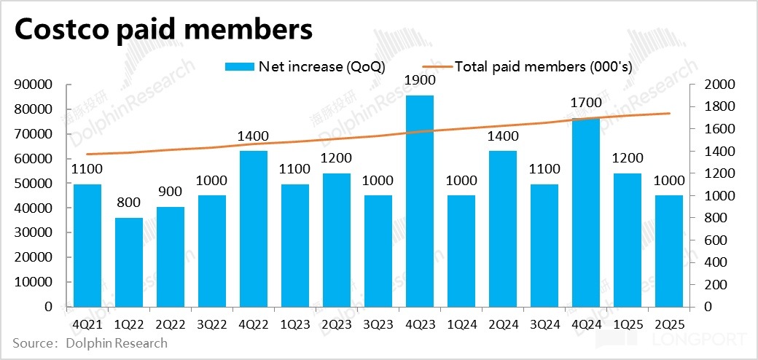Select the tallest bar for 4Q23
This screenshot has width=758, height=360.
pos(420,200)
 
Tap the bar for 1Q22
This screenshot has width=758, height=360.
pos(129,262)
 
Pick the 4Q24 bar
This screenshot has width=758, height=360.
pos(586,212)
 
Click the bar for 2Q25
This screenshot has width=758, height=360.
pos(669,251)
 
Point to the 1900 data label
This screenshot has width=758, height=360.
pos(420,80)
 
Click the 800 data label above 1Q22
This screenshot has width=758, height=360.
pos(129,203)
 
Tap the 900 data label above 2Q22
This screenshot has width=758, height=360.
pos(171,192)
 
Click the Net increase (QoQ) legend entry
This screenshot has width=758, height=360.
pos(305,66)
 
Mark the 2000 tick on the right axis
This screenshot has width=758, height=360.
pos(720,85)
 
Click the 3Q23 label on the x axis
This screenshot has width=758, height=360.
pos(378,321)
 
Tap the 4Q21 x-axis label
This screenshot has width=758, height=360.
pos(87,321)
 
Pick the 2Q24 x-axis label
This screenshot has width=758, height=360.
pos(503,321)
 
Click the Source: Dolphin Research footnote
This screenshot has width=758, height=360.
pos(90,343)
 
